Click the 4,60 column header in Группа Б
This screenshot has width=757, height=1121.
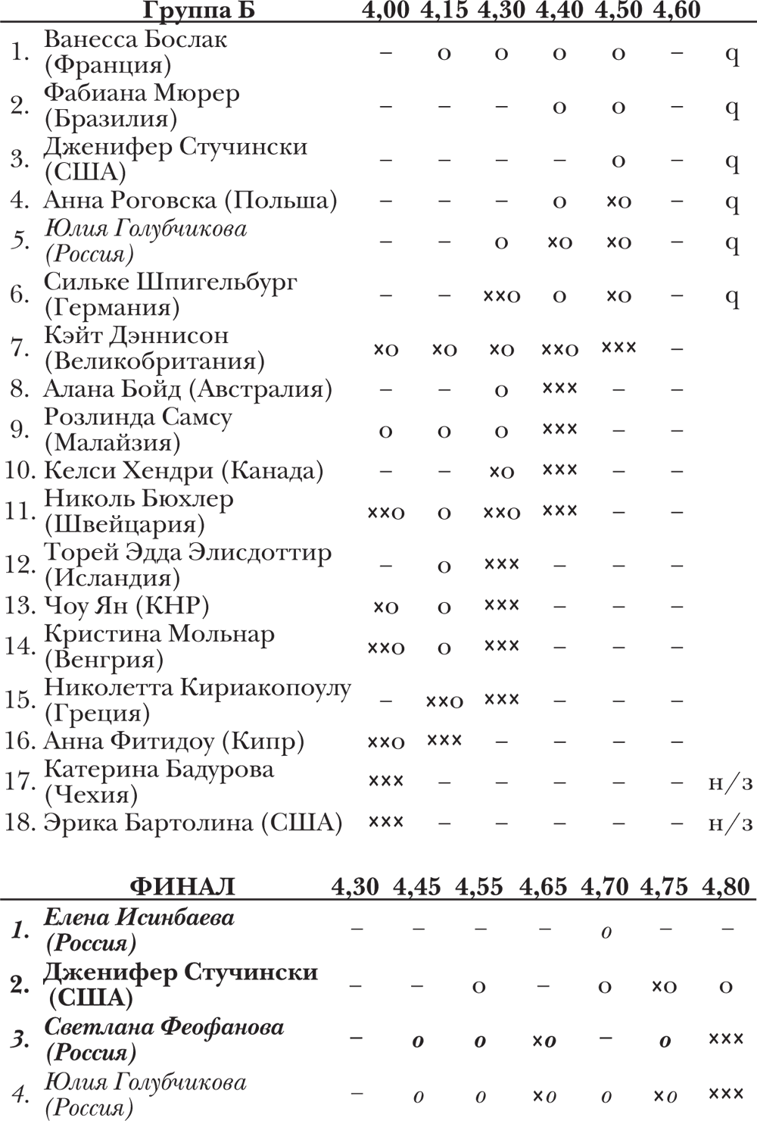pyautogui.click(x=675, y=11)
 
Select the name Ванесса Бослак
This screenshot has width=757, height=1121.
pyautogui.click(x=136, y=39)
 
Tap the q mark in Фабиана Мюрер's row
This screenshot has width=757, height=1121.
pyautogui.click(x=732, y=108)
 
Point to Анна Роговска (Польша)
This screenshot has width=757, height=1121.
pyautogui.click(x=190, y=200)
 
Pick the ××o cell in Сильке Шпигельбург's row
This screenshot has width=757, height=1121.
pyautogui.click(x=501, y=295)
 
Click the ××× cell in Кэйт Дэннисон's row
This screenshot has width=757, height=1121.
pyautogui.click(x=618, y=348)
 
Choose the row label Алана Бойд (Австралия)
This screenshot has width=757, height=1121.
pyautogui.click(x=188, y=389)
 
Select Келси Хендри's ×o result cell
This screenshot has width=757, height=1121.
pyautogui.click(x=501, y=471)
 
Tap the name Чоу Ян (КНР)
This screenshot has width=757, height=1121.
pyautogui.click(x=126, y=605)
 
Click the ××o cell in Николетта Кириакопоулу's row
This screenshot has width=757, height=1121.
pyautogui.click(x=444, y=701)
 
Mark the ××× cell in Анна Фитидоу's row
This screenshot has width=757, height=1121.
pyautogui.click(x=444, y=739)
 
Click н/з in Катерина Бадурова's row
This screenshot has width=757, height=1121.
pyautogui.click(x=730, y=782)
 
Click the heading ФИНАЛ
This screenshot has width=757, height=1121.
pyautogui.click(x=182, y=886)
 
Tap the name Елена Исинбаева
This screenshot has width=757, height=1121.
pyautogui.click(x=139, y=918)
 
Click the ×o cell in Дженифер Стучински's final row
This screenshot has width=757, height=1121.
pyautogui.click(x=664, y=986)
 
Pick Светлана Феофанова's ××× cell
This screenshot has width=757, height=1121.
pyautogui.click(x=725, y=1038)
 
